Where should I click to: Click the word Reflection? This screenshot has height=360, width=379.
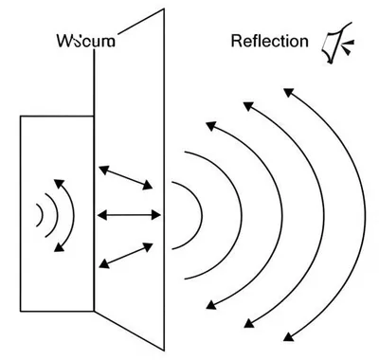270,41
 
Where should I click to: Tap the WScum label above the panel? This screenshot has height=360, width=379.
86,41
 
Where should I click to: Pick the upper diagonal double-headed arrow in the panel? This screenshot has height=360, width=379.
127,177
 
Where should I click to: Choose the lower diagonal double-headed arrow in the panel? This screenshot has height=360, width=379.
127,254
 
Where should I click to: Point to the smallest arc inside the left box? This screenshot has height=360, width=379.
40,215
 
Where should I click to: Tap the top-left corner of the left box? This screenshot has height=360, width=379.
21,116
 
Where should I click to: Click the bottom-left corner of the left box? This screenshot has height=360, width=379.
21,313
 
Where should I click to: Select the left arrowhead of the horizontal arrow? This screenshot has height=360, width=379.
100,215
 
